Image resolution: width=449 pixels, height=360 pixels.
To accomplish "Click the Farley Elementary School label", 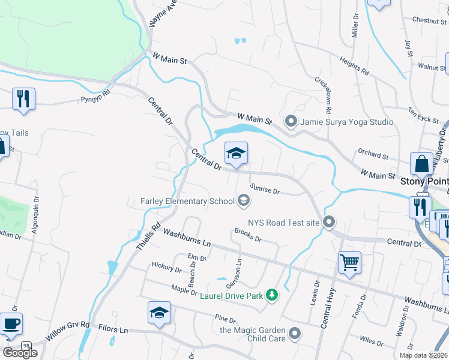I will pos(188,201).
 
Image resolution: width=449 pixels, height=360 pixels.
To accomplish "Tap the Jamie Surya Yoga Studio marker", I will pos(291,122).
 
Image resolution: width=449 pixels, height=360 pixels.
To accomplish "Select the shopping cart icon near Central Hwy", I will pos(349,262).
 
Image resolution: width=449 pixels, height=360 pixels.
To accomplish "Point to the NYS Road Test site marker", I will pos(328,222).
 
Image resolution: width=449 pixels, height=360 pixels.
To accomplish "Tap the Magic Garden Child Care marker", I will pos(294,332).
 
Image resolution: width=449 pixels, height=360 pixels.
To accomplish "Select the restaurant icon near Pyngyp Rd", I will pos(23,98).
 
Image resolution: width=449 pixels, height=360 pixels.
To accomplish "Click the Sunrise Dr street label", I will pos(265,189).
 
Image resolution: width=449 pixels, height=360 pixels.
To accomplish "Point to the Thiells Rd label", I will pos(145,235).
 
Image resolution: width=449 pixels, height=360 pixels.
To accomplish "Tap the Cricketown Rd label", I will pos(324,95).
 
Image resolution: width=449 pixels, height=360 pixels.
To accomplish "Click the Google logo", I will pos(20,353).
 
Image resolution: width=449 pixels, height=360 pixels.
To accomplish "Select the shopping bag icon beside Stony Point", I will pos(421,163).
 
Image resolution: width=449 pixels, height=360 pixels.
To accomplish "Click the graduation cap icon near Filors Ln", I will pos(159,313).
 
